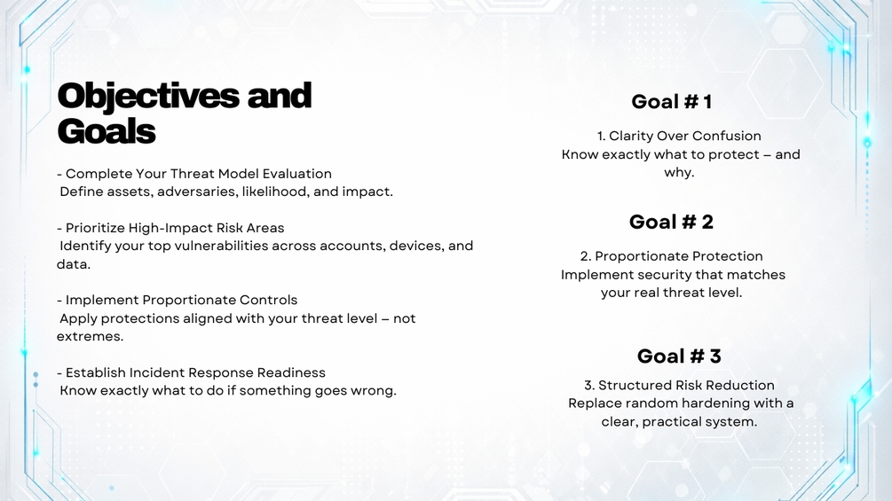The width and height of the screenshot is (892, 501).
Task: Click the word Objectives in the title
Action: point(148,97)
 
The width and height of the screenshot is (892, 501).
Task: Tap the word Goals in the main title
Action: point(107,131)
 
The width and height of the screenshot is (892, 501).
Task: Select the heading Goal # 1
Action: point(671,102)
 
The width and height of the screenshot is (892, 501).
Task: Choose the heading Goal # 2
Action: point(671,222)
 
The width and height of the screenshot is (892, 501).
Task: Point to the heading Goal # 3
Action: point(679,356)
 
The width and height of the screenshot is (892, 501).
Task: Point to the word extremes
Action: point(90,336)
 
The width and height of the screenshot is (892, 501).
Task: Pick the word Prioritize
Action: point(95,229)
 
